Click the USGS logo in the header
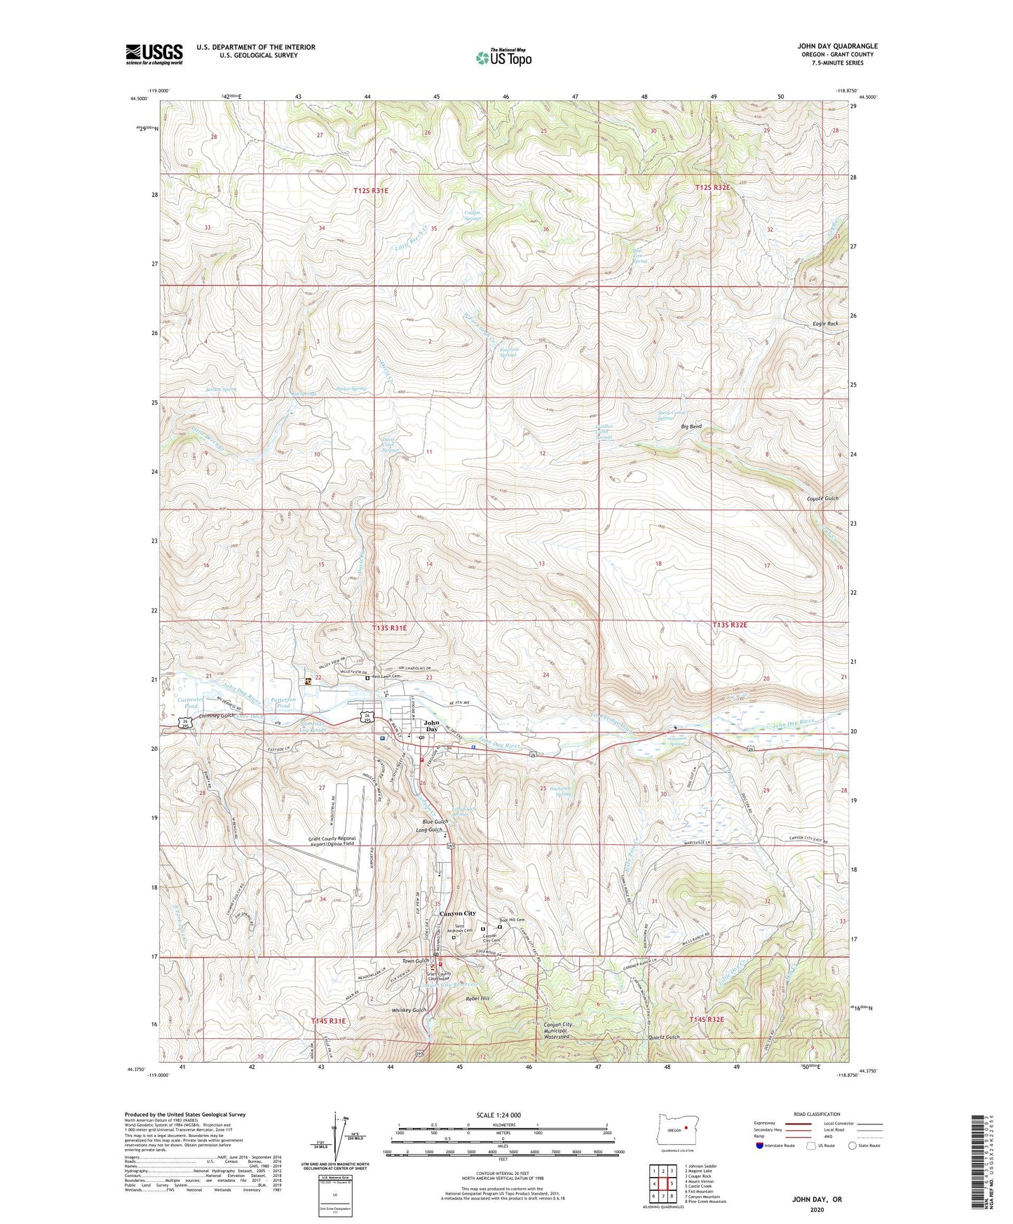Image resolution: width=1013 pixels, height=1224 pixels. pos(154,54)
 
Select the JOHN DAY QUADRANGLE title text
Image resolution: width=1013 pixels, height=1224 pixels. pos(837,46)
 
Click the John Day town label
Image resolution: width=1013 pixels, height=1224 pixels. pos(432,726)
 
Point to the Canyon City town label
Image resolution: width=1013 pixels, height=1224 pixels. pos(457,913)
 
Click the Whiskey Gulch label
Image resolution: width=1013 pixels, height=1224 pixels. pos(409,1010)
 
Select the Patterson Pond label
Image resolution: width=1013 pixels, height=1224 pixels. pos(283,702)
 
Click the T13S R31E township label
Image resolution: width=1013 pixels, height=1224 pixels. pos(389,628)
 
